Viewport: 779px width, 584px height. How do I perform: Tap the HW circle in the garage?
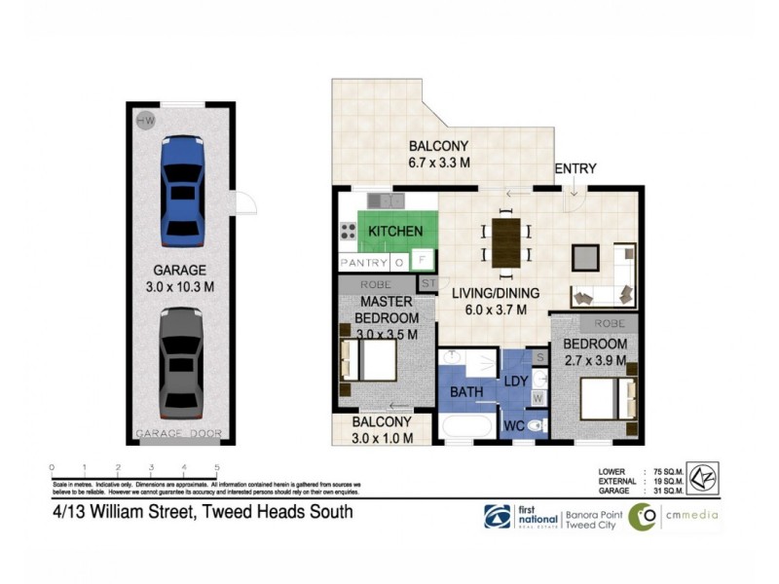[x=147, y=121]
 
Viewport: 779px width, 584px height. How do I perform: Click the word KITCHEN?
[x=394, y=231]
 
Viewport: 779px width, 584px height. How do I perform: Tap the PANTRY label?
[x=362, y=263]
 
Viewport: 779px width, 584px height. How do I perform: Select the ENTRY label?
[x=575, y=168]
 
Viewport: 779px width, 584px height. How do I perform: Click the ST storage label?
[x=427, y=283]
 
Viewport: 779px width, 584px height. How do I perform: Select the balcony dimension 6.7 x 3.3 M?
[x=439, y=163]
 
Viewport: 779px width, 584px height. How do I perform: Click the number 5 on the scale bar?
[x=216, y=467]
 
